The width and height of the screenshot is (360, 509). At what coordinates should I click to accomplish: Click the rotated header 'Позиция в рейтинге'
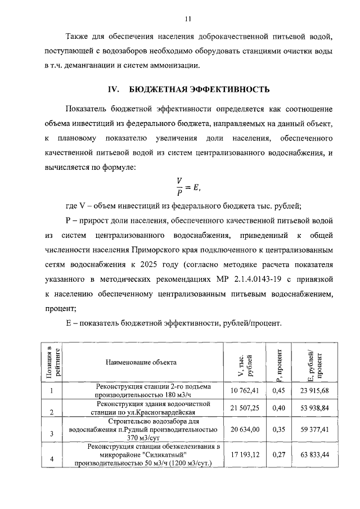click(x=52, y=363)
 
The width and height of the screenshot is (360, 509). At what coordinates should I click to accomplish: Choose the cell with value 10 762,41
click(x=245, y=390)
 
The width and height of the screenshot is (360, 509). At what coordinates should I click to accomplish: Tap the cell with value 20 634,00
click(x=245, y=429)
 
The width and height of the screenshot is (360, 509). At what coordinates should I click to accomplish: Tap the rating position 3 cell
click(x=52, y=433)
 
